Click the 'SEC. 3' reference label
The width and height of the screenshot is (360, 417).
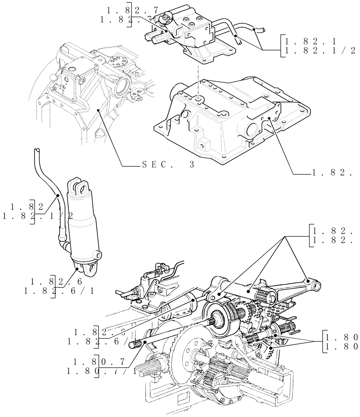(168, 165)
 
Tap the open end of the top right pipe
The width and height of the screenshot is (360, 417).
(262, 30)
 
